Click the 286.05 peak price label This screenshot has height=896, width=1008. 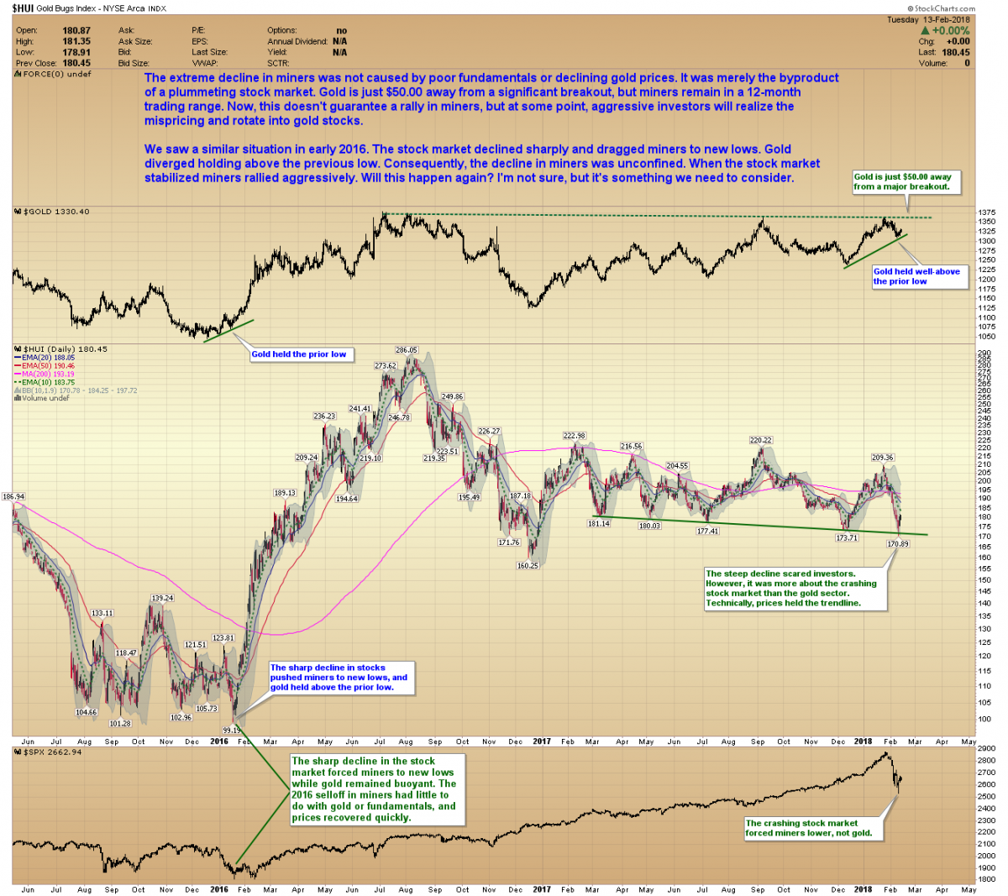(x=407, y=350)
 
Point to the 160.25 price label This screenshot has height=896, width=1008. (x=528, y=565)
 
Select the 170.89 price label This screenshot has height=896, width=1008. (x=898, y=544)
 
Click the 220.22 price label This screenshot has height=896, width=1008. (x=761, y=440)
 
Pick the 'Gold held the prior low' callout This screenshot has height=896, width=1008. (x=299, y=354)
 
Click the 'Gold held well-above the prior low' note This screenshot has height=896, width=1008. (x=917, y=276)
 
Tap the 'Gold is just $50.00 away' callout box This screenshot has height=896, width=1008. (x=904, y=181)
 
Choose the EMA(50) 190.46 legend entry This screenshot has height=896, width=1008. (x=48, y=366)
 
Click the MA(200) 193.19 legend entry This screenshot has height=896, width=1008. (x=48, y=374)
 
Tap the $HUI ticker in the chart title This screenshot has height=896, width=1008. (x=22, y=8)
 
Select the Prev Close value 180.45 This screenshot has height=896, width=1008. (x=76, y=63)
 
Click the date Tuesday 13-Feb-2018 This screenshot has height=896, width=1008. (x=928, y=19)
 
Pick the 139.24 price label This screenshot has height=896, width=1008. (x=162, y=598)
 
